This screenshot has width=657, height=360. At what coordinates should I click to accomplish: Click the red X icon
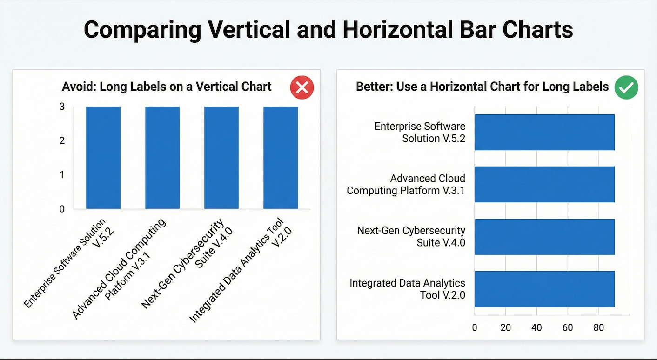(x=302, y=87)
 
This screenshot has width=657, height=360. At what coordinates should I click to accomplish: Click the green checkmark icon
(x=626, y=87)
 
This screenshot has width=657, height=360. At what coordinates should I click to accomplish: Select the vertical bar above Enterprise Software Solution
(x=103, y=157)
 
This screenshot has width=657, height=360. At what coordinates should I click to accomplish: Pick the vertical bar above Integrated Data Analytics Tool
(x=281, y=157)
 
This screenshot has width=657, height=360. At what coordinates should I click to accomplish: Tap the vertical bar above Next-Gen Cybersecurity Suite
(x=221, y=157)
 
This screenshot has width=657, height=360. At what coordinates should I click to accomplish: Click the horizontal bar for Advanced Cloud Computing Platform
(x=544, y=184)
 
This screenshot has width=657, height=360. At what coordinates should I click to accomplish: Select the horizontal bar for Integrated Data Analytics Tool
(x=544, y=289)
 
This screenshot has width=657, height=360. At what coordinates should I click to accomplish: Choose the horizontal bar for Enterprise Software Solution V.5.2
(x=544, y=132)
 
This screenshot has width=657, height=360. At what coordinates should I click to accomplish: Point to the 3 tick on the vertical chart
(x=62, y=107)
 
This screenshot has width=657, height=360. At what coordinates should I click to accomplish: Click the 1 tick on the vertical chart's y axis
(x=62, y=175)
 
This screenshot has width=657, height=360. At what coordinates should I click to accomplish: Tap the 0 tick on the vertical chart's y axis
(x=62, y=209)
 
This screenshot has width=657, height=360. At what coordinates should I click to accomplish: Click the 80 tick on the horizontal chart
(x=598, y=327)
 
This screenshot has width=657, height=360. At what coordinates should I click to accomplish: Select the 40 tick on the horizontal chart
(x=536, y=327)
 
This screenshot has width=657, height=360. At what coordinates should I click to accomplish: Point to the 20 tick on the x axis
(x=505, y=327)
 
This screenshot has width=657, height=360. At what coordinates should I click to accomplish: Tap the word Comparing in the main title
(x=142, y=30)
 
